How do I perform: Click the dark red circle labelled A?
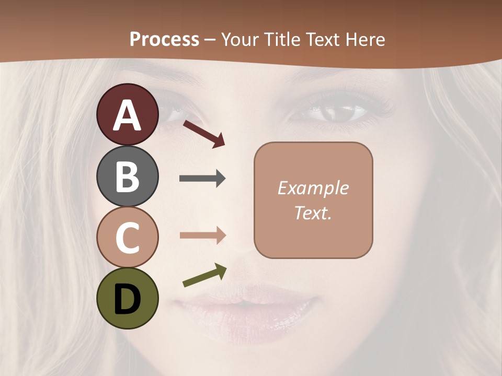(128, 114)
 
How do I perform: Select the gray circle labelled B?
(128, 176)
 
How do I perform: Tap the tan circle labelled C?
(128, 237)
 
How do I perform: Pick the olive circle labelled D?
(128, 298)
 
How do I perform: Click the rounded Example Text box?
(313, 200)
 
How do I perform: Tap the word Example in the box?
(313, 188)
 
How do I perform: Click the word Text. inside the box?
(313, 213)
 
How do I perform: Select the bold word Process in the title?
(164, 39)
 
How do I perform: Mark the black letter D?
(128, 299)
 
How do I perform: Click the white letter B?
(128, 177)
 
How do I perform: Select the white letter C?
(128, 238)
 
